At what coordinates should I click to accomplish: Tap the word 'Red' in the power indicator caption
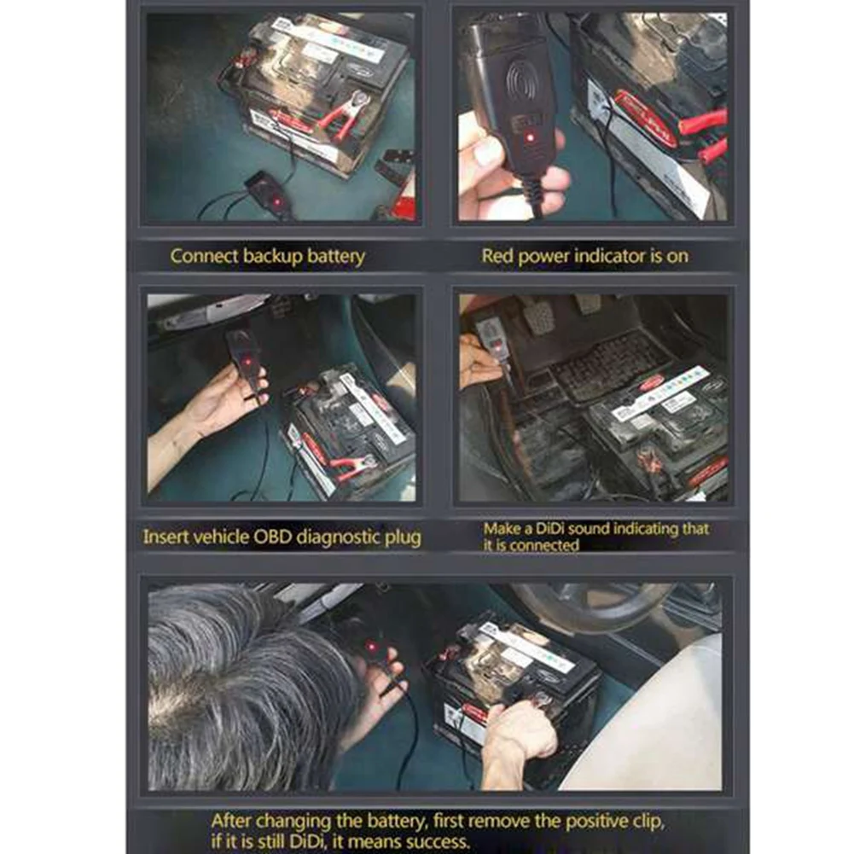(497, 255)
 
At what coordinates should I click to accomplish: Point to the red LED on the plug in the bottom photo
(373, 648)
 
